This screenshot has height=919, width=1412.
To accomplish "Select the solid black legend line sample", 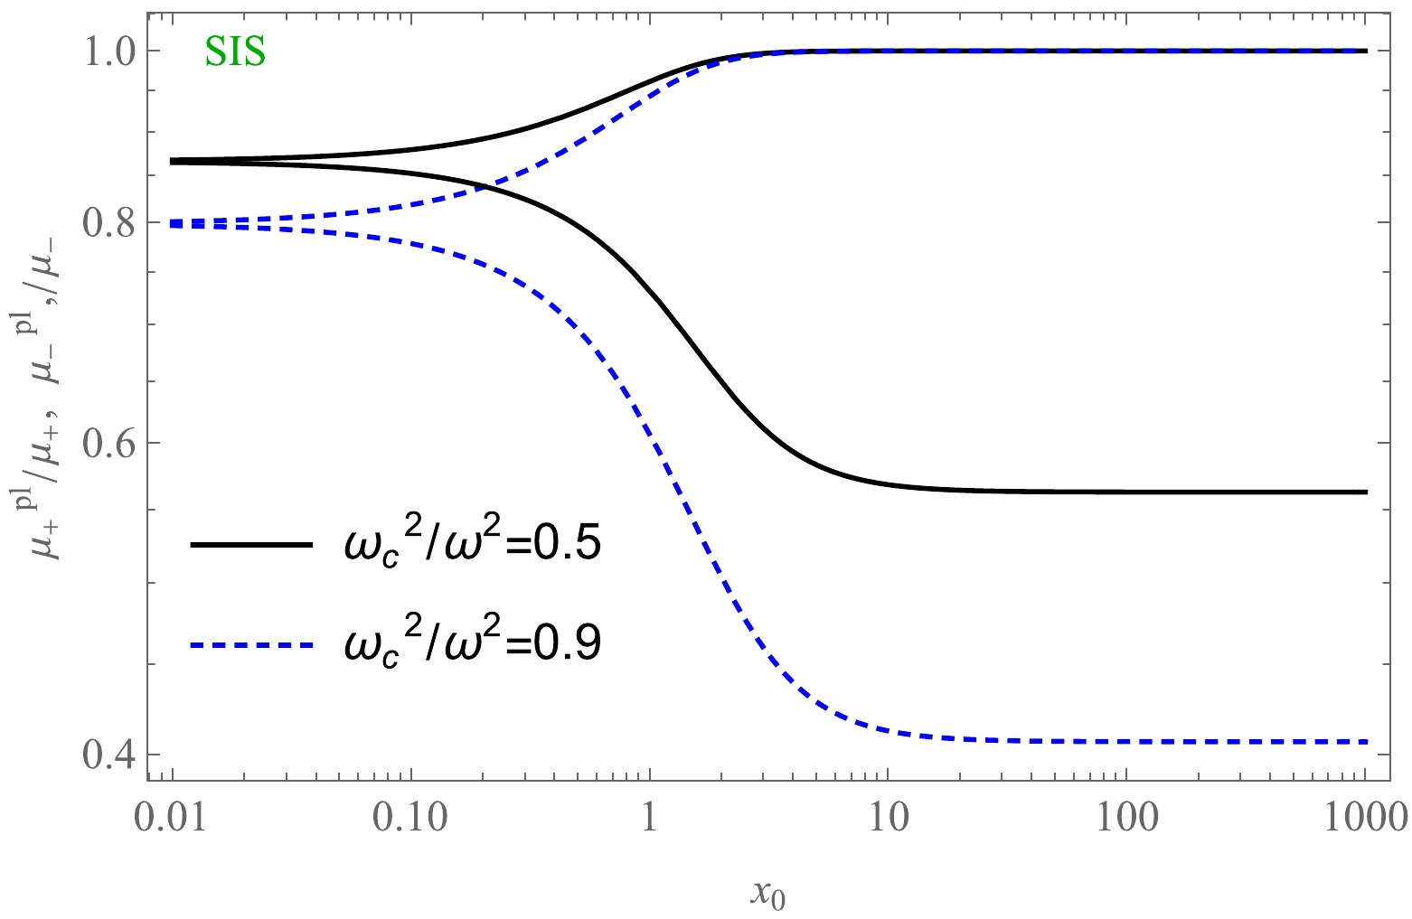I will click(x=250, y=545).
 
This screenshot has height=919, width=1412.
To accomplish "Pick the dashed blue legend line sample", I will click(x=250, y=644).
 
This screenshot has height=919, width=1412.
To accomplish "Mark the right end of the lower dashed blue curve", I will click(x=1366, y=742).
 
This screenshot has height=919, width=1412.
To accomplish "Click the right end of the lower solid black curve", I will click(x=1366, y=492).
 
